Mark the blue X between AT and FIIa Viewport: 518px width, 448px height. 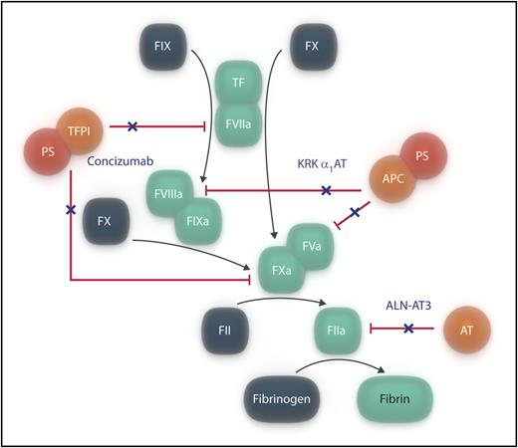(407, 327)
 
